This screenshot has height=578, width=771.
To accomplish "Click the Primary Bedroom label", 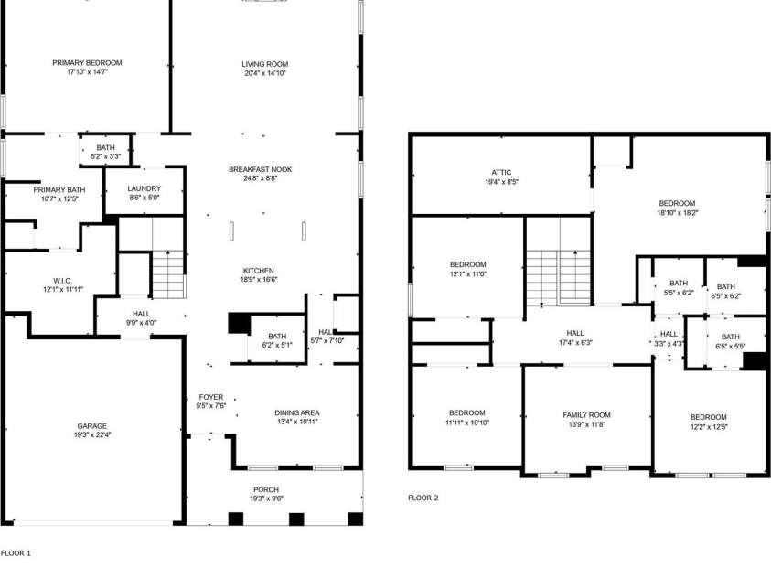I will click(87, 63).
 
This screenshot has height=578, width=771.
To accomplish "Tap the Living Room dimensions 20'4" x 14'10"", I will click(264, 74).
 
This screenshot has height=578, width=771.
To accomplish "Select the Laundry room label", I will click(144, 187).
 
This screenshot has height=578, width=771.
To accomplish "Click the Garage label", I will click(91, 426).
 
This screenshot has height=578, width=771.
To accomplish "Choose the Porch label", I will click(266, 490).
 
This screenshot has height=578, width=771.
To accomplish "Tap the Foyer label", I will click(210, 397).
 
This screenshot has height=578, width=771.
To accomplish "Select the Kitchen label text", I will click(259, 271).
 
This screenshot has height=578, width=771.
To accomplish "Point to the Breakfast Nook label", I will click(261, 169).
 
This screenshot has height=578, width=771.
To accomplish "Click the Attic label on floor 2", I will click(500, 172).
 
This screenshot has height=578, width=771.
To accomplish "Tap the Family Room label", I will click(586, 415).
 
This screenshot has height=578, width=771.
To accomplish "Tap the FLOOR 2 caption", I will click(423, 498).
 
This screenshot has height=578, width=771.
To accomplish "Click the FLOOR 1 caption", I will click(16, 553).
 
